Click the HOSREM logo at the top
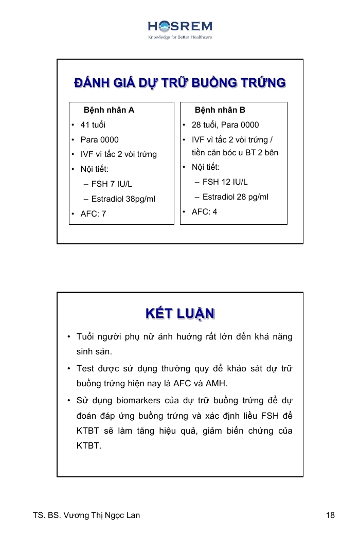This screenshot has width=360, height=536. pos(180,27)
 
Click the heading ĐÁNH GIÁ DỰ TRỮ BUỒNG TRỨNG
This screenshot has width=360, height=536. pos(180,83)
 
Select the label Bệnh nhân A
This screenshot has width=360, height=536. pos(109,110)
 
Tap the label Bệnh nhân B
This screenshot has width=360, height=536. pos(220,110)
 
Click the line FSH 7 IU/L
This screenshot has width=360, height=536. pos(112,184)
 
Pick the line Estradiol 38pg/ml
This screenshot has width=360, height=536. pos(123,199)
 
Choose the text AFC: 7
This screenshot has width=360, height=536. pos(93,214)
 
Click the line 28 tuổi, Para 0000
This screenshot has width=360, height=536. pos(225,125)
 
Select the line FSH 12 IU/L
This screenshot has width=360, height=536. pos(225,182)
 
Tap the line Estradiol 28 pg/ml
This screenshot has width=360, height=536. pos(235,197)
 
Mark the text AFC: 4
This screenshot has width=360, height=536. pos(204,212)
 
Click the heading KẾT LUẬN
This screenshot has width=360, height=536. pos(180,313)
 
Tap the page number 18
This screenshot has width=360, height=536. pos(330,515)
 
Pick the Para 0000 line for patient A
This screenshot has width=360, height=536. pos(99,140)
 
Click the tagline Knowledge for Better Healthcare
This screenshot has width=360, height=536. pos(180,38)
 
